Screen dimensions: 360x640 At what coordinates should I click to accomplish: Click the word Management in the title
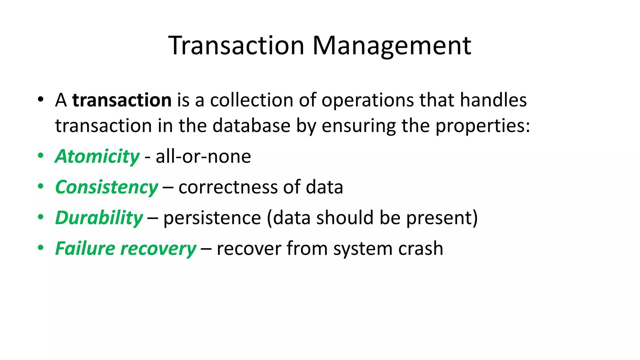[x=392, y=46]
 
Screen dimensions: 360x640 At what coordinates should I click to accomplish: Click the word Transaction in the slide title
[x=236, y=46]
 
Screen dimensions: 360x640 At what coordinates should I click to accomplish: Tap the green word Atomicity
[x=97, y=156]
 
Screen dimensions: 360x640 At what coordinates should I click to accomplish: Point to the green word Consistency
[x=107, y=187]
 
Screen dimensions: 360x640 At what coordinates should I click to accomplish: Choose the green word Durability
[x=99, y=218]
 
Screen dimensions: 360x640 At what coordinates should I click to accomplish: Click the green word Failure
[x=85, y=248]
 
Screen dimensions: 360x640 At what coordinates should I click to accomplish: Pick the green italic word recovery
[x=158, y=249]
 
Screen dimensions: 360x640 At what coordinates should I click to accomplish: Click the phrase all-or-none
[x=203, y=156]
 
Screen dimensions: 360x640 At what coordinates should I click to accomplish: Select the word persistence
[x=212, y=218]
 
